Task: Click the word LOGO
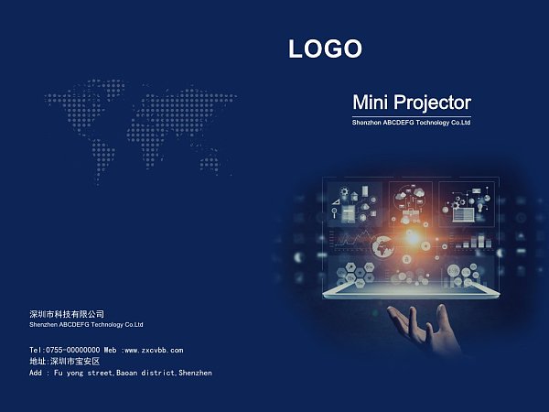tap(325, 49)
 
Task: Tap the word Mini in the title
tap(370, 103)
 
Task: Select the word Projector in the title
tap(433, 103)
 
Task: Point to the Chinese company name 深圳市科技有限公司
tap(67, 314)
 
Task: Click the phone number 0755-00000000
tap(73, 350)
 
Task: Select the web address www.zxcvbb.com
tap(154, 350)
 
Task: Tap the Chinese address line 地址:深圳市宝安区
tap(65, 362)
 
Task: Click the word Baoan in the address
tap(127, 373)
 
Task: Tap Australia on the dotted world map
tap(210, 162)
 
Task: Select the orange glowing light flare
tap(412, 237)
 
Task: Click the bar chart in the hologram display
tap(474, 241)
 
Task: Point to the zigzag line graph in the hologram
tap(352, 239)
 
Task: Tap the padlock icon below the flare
tap(406, 259)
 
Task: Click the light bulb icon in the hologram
tap(480, 208)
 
